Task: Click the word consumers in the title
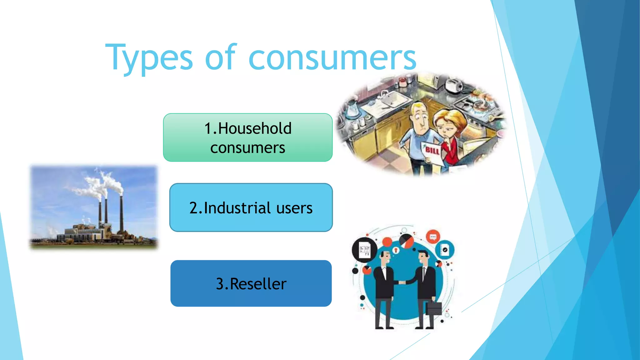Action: click(x=332, y=58)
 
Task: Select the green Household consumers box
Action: click(x=247, y=137)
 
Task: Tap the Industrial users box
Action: click(x=251, y=207)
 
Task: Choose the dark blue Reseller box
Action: click(x=251, y=283)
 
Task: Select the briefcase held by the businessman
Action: click(x=434, y=308)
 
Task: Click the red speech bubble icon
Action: click(x=433, y=237)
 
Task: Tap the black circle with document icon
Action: click(x=364, y=250)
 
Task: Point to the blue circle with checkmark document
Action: click(x=445, y=249)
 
